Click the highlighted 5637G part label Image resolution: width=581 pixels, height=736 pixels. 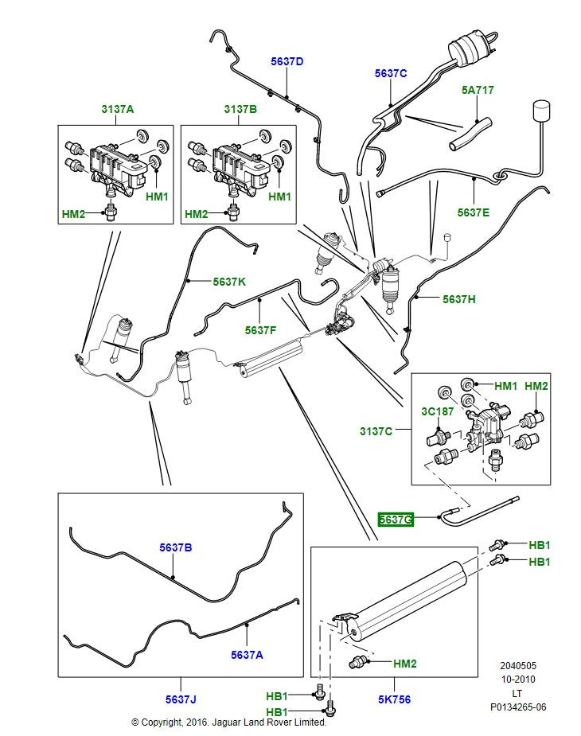pos(396,520)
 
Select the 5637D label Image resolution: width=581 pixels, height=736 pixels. pos(287,61)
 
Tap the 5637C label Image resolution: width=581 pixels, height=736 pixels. pos(391,73)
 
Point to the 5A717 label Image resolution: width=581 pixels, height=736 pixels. pos(478,90)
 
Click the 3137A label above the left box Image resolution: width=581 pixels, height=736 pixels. pos(117,109)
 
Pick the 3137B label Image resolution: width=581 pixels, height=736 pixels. pos(240,109)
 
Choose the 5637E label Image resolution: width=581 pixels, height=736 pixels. pos(474,212)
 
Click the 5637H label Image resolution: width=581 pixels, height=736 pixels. pos(459,299)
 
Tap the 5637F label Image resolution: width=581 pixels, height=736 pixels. pos(261,329)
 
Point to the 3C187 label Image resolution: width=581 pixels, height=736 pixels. pos(438,412)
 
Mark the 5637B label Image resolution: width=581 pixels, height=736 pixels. pos(175,547)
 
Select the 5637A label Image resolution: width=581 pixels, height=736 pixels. pos(247,655)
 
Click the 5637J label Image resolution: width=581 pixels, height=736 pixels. pos(181,699)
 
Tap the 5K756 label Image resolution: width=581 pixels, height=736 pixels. pos(394,699)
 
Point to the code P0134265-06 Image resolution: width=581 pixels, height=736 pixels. pos(517,707)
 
